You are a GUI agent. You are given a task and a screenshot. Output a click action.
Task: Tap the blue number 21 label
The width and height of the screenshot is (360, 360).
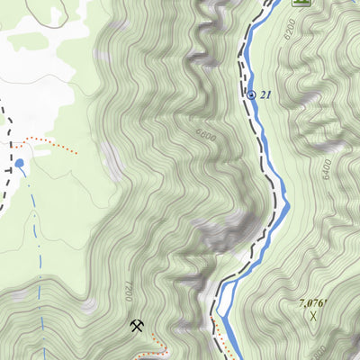[265, 94]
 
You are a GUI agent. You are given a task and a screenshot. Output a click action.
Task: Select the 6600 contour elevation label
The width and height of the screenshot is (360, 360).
[205, 136]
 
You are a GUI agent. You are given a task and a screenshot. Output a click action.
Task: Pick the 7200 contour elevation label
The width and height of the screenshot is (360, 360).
[128, 292]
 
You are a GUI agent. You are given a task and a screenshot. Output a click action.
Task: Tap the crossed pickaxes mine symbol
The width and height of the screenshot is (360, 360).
[136, 325]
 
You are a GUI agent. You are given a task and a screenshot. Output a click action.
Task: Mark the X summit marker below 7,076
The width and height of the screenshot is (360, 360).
[312, 316]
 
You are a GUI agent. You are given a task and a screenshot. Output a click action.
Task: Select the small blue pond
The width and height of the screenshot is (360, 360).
[19, 164]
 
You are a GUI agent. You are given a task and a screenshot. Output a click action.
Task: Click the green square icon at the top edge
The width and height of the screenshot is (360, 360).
[301, 3]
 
